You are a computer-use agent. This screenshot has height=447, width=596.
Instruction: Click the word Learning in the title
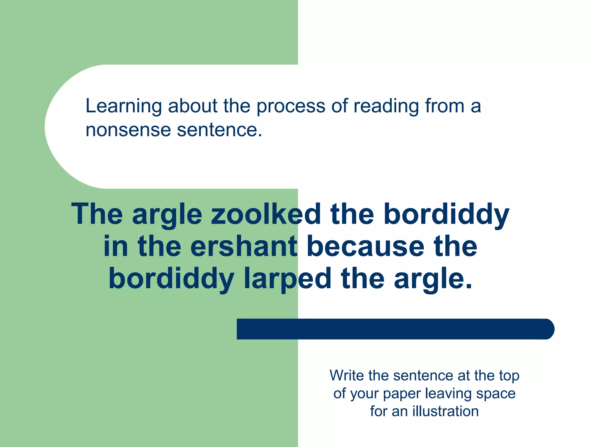pos(123,107)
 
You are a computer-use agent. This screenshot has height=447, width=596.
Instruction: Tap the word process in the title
pos(290,107)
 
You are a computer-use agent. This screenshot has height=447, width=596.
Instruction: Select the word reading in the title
pos(386,107)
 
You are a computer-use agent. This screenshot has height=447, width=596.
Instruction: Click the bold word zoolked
pos(266,214)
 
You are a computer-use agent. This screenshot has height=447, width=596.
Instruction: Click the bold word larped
pos(288,279)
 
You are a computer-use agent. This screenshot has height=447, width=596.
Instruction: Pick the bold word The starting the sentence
pos(97,214)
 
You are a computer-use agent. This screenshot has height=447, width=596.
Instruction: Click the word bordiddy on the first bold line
pos(446,214)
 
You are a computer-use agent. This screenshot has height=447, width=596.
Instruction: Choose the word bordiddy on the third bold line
pos(171,279)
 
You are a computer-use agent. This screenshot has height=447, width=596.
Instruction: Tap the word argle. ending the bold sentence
pos(433,279)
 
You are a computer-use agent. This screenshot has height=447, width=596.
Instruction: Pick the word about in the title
pos(192,107)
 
